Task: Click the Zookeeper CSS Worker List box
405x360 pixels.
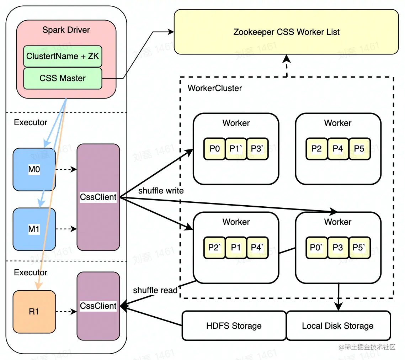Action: (x=286, y=32)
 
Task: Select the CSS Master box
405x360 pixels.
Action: (x=63, y=78)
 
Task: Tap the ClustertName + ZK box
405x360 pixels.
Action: (x=63, y=56)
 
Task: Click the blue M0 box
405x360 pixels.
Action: (x=34, y=170)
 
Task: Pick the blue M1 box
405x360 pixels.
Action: (x=34, y=229)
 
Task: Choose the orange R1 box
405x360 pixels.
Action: (x=34, y=312)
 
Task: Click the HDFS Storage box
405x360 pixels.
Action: (x=234, y=325)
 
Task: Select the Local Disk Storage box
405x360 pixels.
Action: (x=338, y=325)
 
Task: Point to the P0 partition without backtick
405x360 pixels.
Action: (x=214, y=149)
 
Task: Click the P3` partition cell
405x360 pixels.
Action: (x=257, y=149)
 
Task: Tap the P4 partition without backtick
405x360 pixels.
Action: (x=338, y=149)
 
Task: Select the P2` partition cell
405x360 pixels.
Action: (x=214, y=248)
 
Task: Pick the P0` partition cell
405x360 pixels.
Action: (x=316, y=248)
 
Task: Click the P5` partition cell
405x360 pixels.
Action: (x=359, y=248)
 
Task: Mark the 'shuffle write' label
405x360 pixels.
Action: (x=161, y=191)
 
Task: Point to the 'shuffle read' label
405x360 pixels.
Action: (x=155, y=290)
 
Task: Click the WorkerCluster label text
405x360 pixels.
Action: (x=215, y=88)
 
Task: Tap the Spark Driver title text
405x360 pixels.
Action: (x=66, y=30)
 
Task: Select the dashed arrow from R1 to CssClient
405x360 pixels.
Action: (x=66, y=312)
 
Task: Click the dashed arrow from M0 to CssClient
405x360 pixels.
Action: (x=66, y=170)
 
